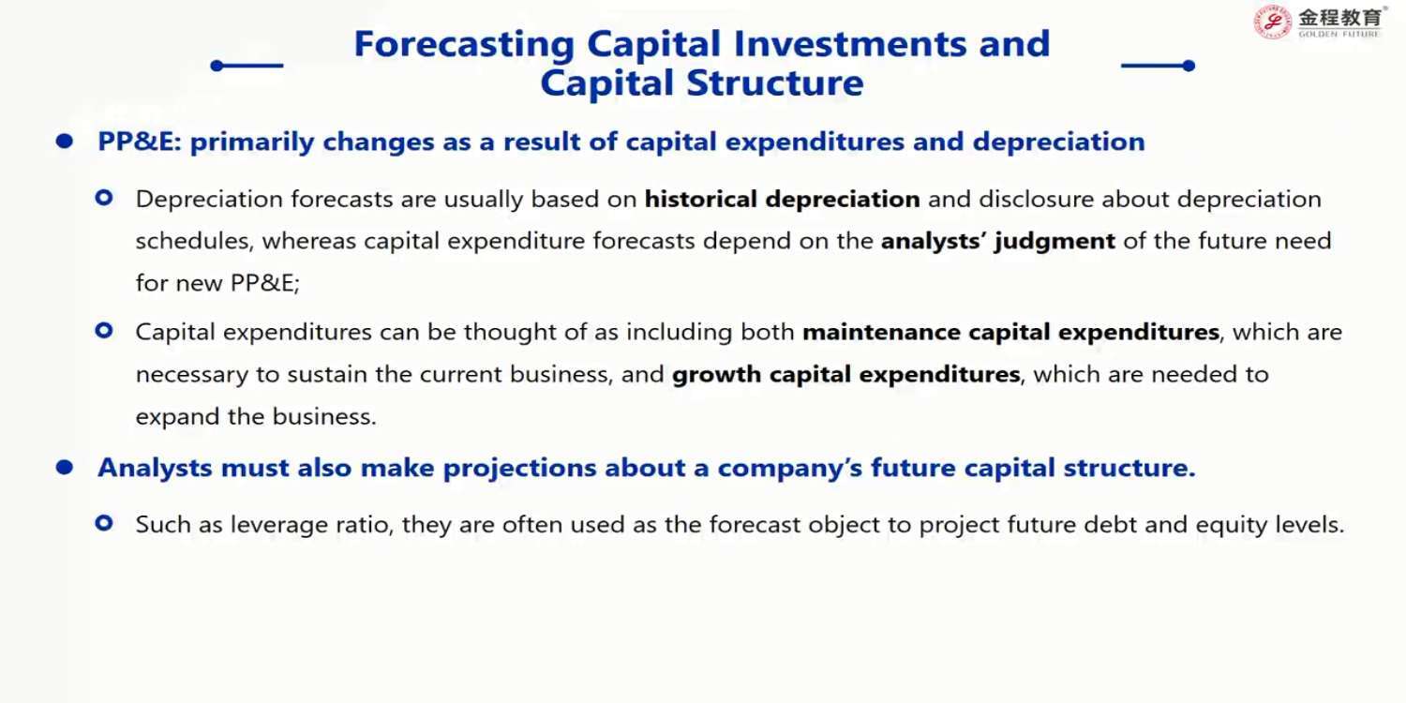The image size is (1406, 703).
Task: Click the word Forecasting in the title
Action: point(464,45)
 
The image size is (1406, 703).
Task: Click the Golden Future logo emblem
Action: point(1272,22)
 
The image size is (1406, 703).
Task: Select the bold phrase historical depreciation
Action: point(782,199)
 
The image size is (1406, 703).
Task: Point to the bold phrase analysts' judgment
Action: point(998,241)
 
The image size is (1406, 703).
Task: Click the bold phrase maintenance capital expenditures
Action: point(1010,332)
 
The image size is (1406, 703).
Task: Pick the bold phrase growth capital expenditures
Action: point(846,375)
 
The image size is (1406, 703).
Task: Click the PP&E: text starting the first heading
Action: point(140,142)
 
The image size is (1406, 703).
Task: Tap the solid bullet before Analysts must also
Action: point(64,467)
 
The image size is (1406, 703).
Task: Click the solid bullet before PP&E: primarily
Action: point(64,142)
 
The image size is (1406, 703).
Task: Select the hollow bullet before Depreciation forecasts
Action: point(104,199)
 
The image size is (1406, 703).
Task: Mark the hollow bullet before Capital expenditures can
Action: point(104,331)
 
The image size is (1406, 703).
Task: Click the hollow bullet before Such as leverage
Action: point(104,523)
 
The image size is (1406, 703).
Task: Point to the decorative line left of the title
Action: point(247,66)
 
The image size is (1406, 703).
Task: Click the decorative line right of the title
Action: point(1158,66)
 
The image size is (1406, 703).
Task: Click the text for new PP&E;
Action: point(217,283)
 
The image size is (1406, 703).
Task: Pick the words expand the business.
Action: point(256,417)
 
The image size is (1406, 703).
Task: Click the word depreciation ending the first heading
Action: point(1059,142)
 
